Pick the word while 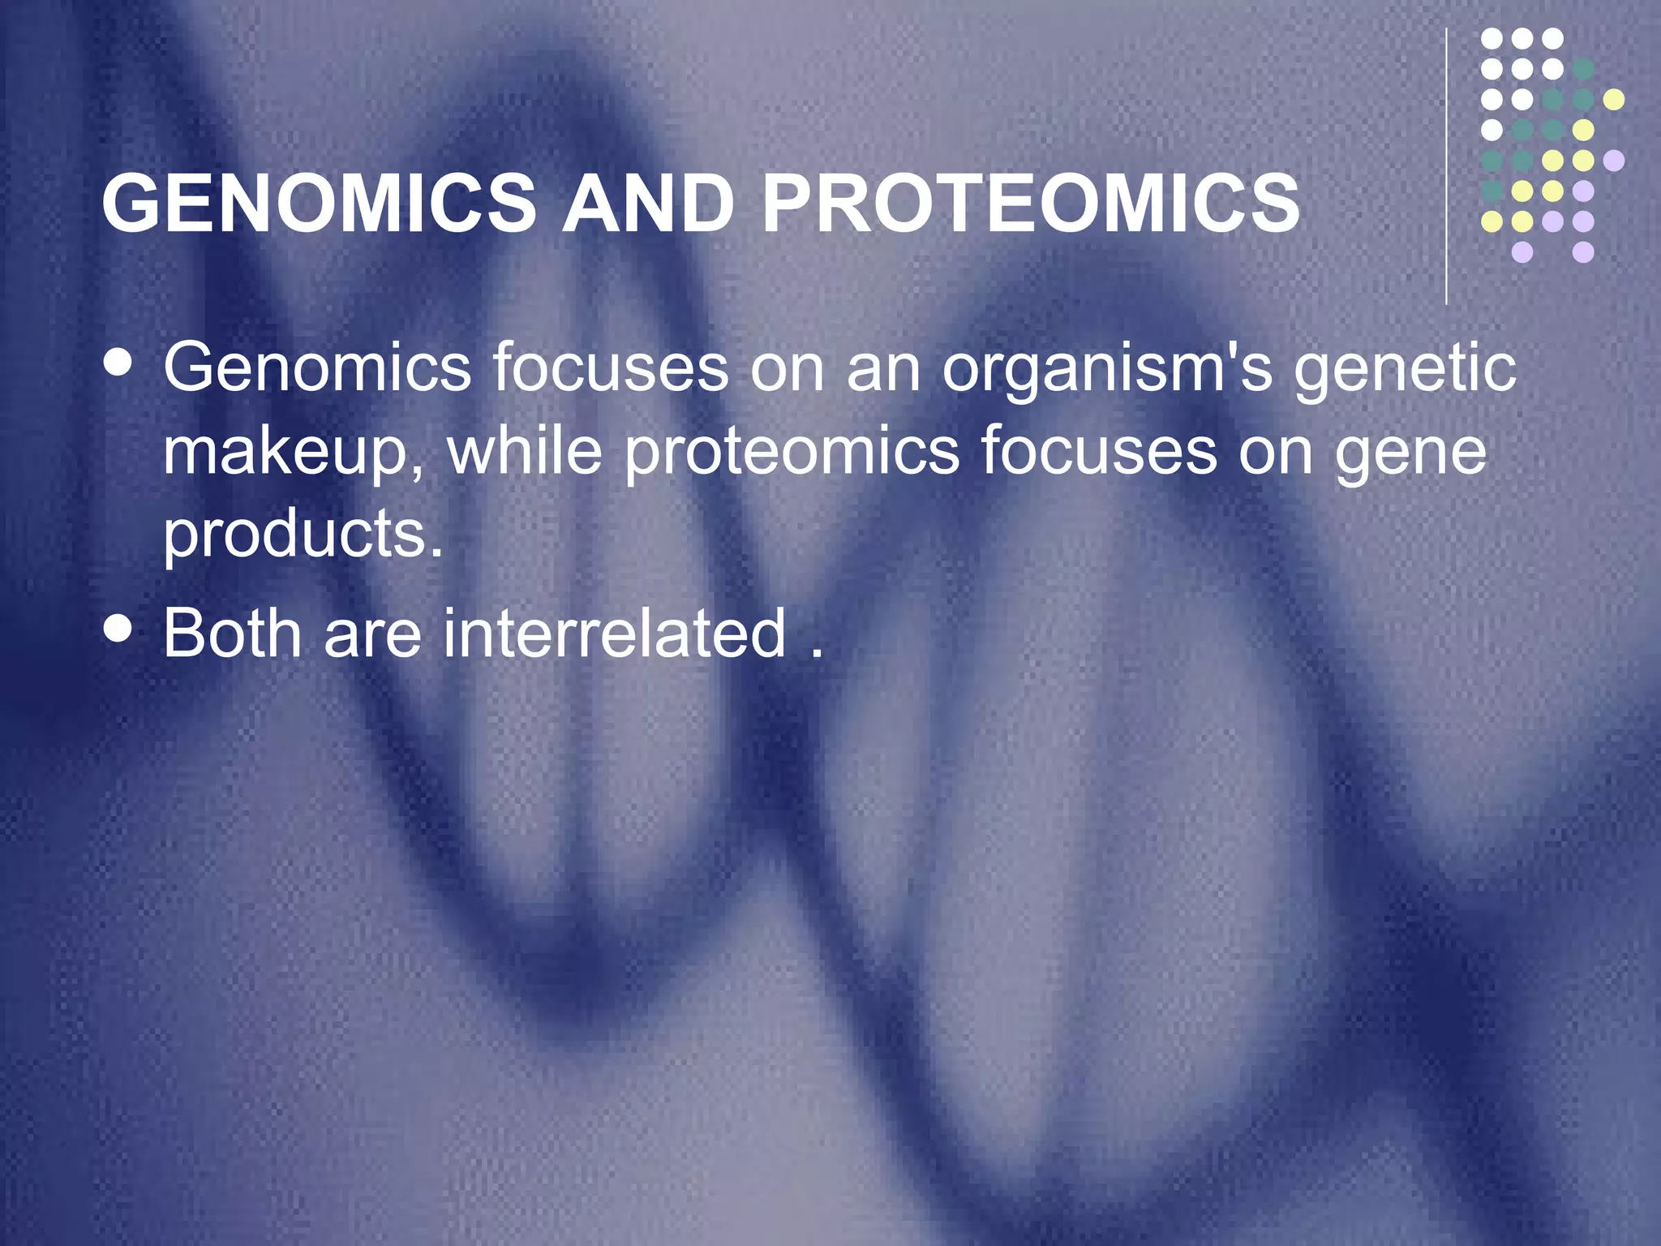[x=526, y=451]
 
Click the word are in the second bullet [x=373, y=635]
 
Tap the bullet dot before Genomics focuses [x=119, y=363]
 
